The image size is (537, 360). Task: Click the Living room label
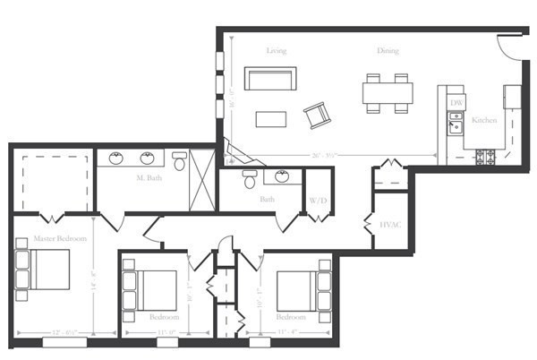pyautogui.click(x=277, y=50)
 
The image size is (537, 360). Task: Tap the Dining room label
pyautogui.click(x=388, y=50)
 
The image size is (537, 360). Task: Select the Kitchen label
pyautogui.click(x=484, y=120)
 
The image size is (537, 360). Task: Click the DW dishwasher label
pyautogui.click(x=456, y=104)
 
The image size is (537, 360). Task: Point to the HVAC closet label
pyautogui.click(x=390, y=223)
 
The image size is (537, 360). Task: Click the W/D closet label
pyautogui.click(x=318, y=200)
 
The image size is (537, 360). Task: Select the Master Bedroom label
pyautogui.click(x=60, y=239)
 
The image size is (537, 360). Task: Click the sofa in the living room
pyautogui.click(x=269, y=79)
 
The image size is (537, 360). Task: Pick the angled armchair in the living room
pyautogui.click(x=317, y=115)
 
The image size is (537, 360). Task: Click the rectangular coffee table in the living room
pyautogui.click(x=270, y=119)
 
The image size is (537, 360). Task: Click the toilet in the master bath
pyautogui.click(x=179, y=162)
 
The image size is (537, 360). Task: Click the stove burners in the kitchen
pyautogui.click(x=489, y=158)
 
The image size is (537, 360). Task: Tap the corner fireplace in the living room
pyautogui.click(x=234, y=151)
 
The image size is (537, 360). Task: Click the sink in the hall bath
pyautogui.click(x=282, y=176)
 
